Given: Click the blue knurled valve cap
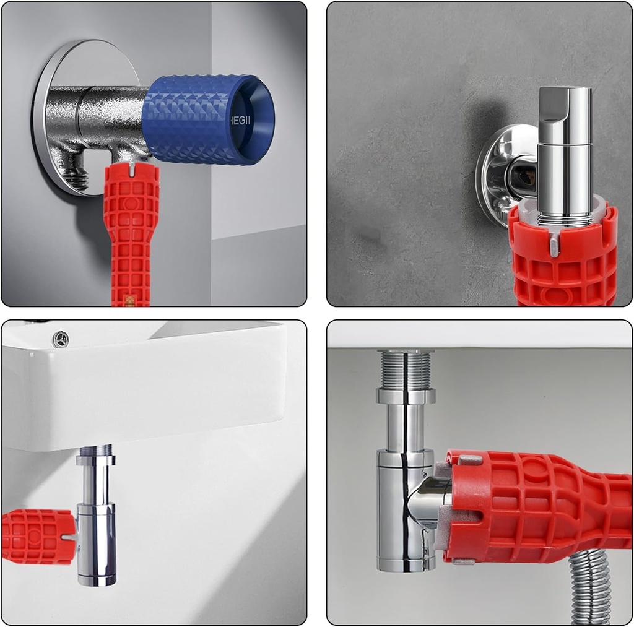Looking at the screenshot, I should click(x=198, y=119).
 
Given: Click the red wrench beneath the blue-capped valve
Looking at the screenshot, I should click(x=131, y=235).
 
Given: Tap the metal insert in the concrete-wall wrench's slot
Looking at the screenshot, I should click(x=554, y=246).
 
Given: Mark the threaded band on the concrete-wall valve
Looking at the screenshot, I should click(x=563, y=220).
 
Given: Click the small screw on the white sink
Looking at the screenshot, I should click(x=61, y=339).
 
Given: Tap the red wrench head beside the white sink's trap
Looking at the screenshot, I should click(x=37, y=536).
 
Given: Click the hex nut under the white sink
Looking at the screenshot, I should click(x=95, y=460).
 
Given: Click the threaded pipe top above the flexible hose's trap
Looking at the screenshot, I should click(x=406, y=370).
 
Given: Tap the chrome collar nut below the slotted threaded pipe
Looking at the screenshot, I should click(x=406, y=396).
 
